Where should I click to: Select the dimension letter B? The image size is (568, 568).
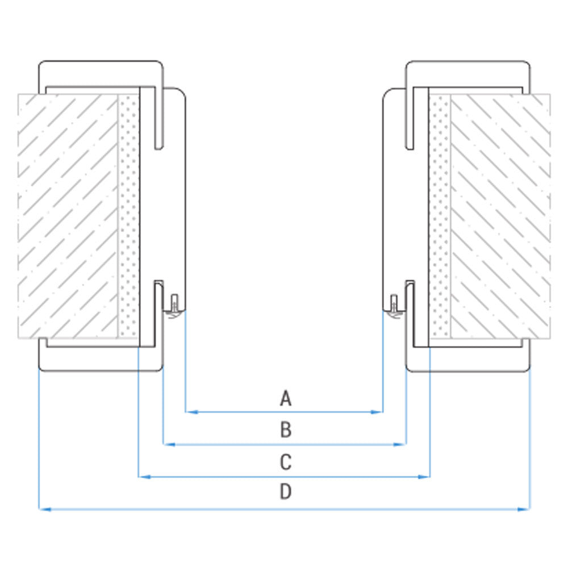[286, 430]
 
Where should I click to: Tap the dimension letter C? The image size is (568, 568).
[286, 462]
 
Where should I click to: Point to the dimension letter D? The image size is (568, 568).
[286, 492]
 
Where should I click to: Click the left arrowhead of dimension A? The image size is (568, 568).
[191, 412]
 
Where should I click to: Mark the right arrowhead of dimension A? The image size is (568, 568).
[377, 412]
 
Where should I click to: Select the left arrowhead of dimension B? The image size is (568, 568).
[169, 444]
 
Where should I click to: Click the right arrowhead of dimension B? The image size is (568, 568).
[400, 444]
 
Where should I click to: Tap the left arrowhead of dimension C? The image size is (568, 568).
[144, 477]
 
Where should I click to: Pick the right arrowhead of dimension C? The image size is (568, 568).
[424, 477]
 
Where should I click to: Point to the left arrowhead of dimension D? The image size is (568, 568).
[45, 509]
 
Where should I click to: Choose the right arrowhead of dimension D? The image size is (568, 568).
[524, 509]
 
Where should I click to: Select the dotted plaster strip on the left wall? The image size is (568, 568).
[128, 216]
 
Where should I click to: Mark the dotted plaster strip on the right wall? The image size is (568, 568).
[440, 216]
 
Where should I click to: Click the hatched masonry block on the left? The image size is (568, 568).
[68, 216]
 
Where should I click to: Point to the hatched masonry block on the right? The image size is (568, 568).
[500, 216]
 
